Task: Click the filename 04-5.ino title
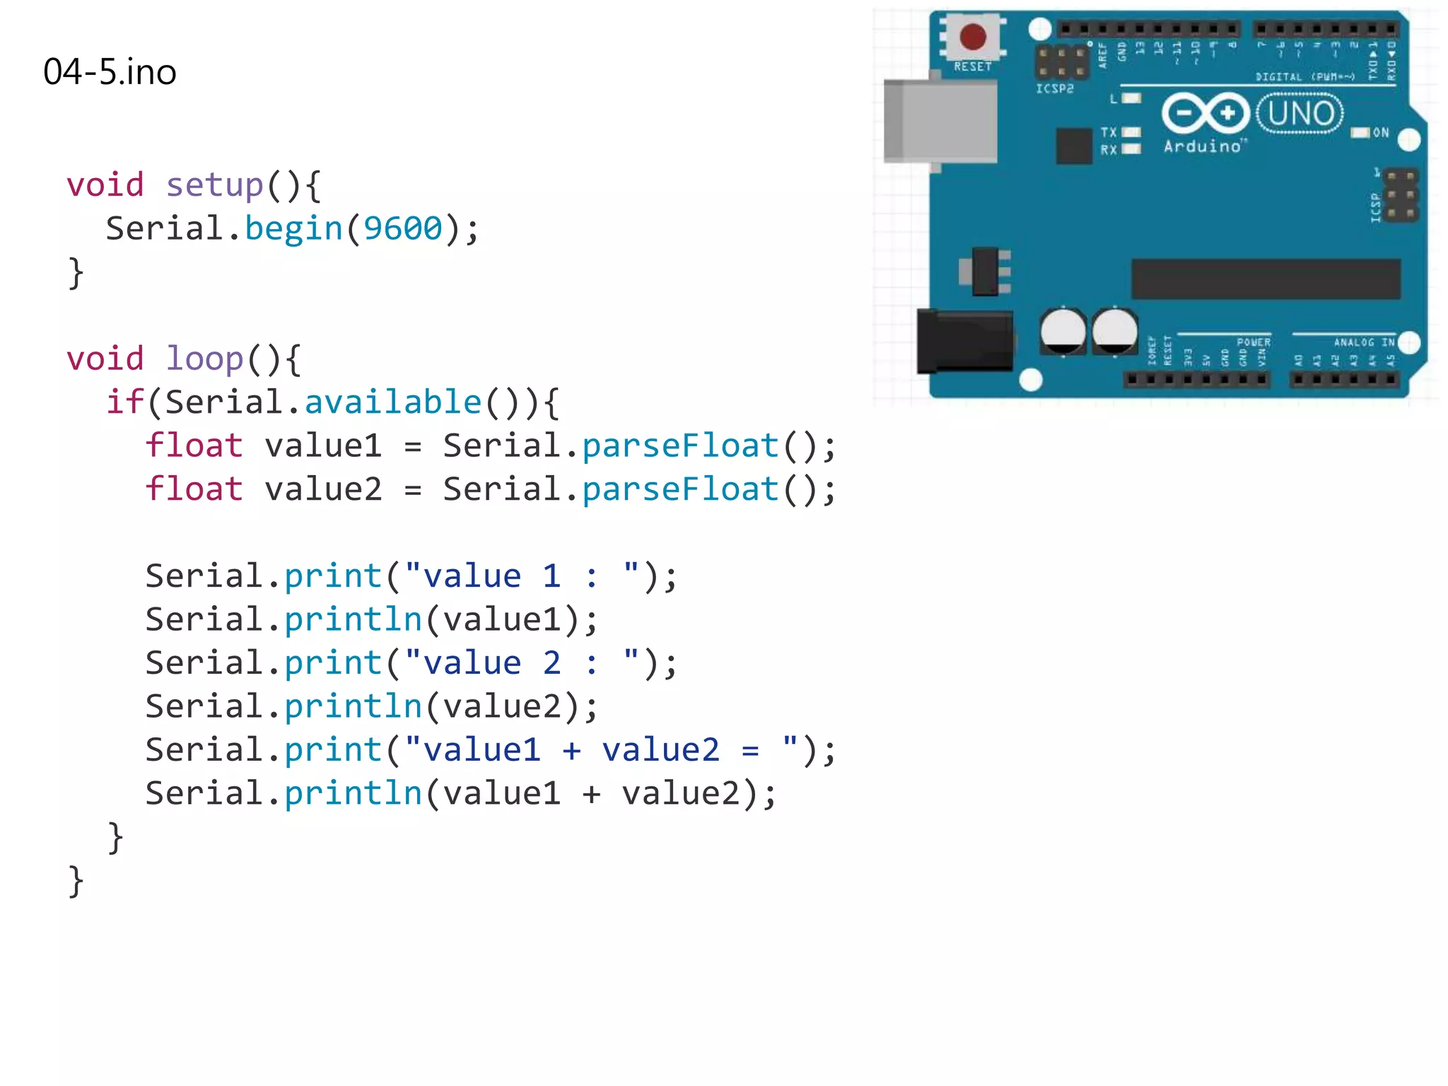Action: [110, 72]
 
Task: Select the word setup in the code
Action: [215, 185]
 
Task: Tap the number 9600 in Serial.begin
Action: [402, 228]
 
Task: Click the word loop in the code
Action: [204, 358]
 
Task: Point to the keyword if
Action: [125, 402]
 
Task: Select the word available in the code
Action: [393, 402]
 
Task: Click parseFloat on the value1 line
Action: [680, 446]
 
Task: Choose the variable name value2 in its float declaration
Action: [324, 489]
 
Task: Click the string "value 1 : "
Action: [522, 576]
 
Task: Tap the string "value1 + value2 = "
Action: [601, 750]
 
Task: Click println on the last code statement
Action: [354, 793]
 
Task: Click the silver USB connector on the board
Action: [940, 122]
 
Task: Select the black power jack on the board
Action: [964, 341]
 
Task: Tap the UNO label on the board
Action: [1300, 113]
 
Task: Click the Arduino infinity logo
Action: [1205, 113]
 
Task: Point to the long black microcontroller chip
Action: [1266, 279]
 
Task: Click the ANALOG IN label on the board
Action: [1364, 342]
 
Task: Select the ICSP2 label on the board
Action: [1054, 89]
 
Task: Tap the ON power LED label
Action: [1380, 133]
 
